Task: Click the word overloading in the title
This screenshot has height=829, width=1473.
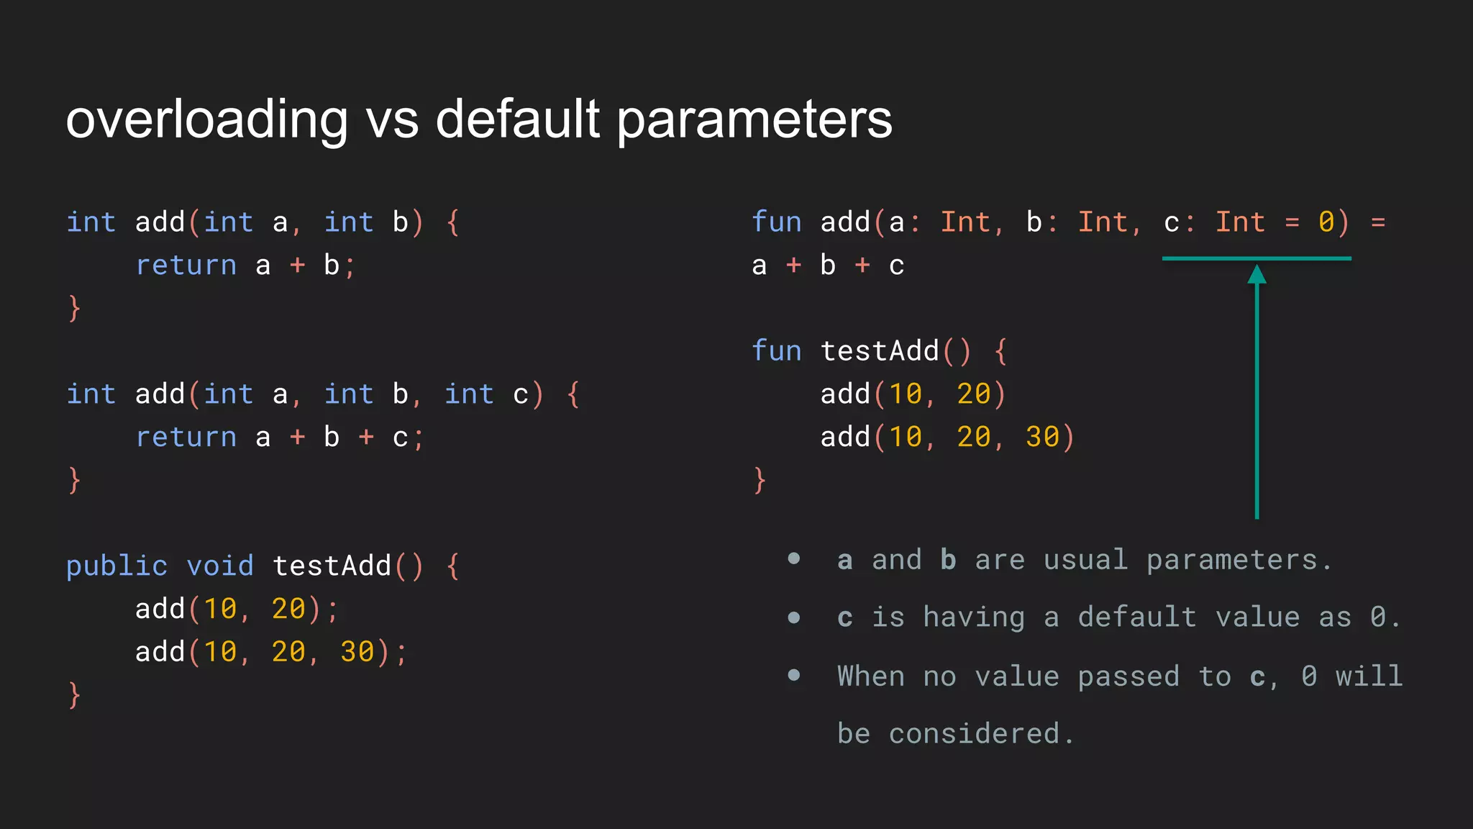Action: [207, 119]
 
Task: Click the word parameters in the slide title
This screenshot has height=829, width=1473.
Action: [754, 119]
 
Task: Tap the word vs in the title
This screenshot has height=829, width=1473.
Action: [392, 119]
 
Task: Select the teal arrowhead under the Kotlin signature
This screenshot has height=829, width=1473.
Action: [1257, 274]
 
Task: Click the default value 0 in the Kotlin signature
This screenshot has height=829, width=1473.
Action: [1326, 222]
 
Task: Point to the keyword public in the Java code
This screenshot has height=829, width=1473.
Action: [117, 566]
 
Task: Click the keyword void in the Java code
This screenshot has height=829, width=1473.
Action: [220, 566]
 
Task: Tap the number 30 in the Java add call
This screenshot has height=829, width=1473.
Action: [357, 652]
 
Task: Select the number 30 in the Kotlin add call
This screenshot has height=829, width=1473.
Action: [1042, 437]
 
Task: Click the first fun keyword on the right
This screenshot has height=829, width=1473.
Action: [776, 222]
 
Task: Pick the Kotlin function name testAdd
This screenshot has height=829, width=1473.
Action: [880, 351]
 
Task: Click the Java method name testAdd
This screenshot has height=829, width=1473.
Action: [332, 566]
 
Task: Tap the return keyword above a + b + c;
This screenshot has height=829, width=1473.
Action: [186, 438]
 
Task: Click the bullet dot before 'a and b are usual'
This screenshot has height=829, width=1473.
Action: [794, 558]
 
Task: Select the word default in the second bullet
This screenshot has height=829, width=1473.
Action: [1136, 617]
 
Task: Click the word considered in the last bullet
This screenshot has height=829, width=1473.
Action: [974, 734]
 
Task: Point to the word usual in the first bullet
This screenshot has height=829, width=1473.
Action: [1085, 560]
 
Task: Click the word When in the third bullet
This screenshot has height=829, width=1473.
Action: [871, 676]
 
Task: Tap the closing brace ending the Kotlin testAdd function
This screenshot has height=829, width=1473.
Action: [760, 480]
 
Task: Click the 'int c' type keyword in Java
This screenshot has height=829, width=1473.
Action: [469, 394]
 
